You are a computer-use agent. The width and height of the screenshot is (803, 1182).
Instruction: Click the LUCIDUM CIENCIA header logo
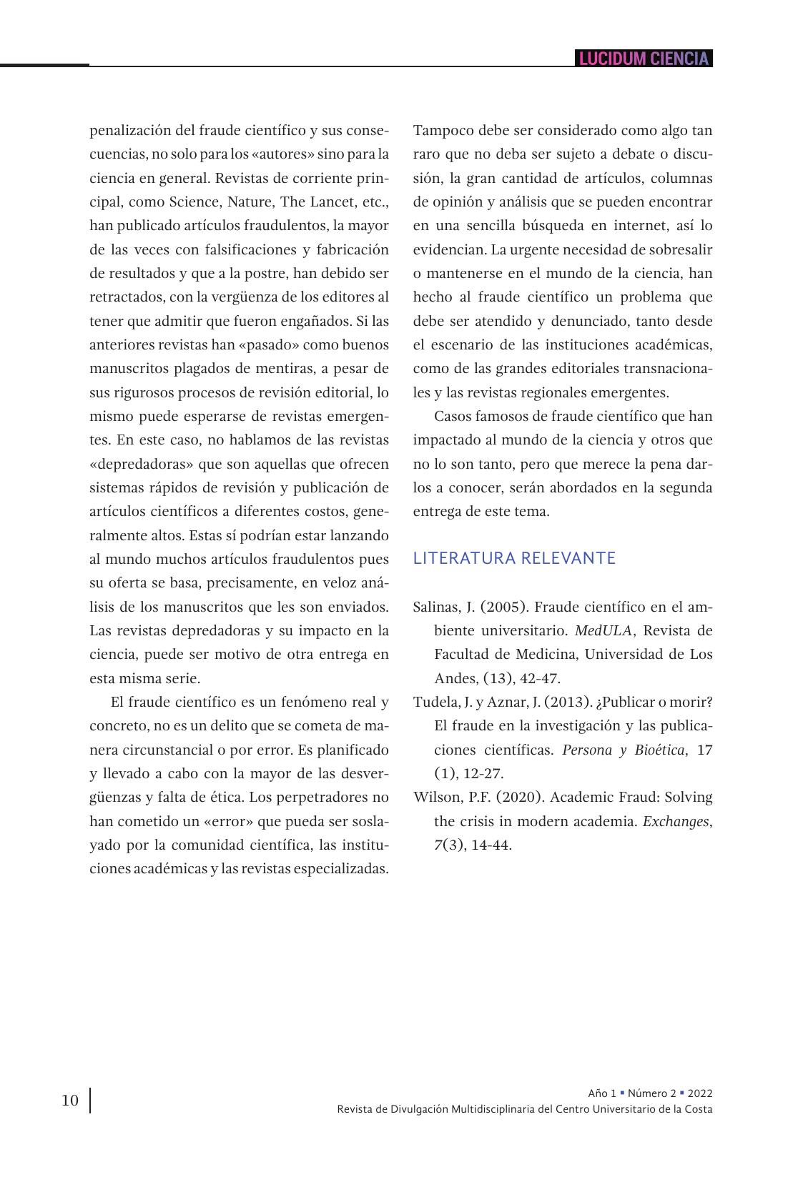coord(644,59)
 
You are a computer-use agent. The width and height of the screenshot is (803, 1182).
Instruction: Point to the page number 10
coord(70,1100)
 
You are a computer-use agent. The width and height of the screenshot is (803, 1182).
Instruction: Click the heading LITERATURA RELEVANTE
coord(514,558)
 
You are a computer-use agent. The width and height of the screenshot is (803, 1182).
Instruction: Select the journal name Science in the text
coord(194,202)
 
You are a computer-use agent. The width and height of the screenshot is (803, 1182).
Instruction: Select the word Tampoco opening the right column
coord(440,130)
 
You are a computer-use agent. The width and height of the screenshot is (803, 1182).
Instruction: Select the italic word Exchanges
coord(676,821)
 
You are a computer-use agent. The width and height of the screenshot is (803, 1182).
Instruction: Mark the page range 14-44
coord(491,845)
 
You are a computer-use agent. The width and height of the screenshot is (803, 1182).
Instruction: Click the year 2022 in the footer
coord(699,1093)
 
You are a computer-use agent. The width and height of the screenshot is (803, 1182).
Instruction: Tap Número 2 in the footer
coord(651,1093)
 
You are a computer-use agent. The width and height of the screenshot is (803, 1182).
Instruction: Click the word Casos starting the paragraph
coord(453,416)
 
